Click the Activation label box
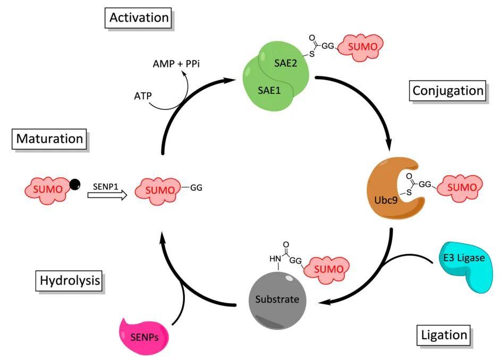(x=139, y=18)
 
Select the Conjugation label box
(x=447, y=91)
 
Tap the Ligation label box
(x=444, y=335)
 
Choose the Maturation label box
(x=49, y=139)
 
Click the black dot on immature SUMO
(x=75, y=184)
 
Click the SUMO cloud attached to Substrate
(x=328, y=269)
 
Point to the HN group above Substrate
(x=275, y=259)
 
